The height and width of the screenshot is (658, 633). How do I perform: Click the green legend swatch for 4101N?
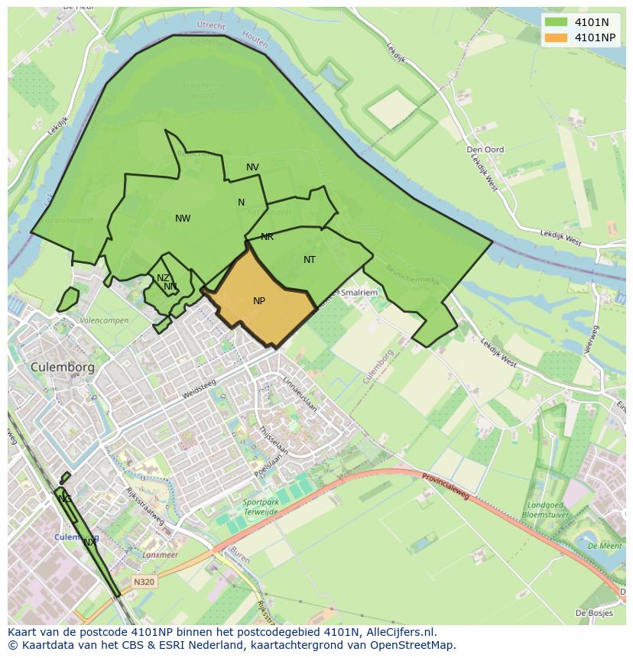coord(557,21)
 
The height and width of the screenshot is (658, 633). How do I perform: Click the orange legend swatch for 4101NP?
coord(557,37)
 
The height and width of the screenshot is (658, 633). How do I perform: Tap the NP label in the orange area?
coord(259,301)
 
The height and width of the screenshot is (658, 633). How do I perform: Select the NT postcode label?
coord(310,260)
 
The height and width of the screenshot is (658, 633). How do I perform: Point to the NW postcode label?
coord(183,219)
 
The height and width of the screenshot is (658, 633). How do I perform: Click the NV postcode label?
coord(252,167)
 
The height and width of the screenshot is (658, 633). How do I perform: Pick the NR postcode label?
coord(267,237)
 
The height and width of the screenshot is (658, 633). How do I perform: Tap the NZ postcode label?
coord(163,278)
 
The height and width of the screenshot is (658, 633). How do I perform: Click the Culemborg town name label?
coord(63,367)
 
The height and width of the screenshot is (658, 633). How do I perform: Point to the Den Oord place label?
coord(485,150)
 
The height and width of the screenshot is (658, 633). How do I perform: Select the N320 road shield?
coord(144,582)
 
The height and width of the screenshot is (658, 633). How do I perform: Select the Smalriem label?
coord(359,292)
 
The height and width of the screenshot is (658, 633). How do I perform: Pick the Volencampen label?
coord(104,320)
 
